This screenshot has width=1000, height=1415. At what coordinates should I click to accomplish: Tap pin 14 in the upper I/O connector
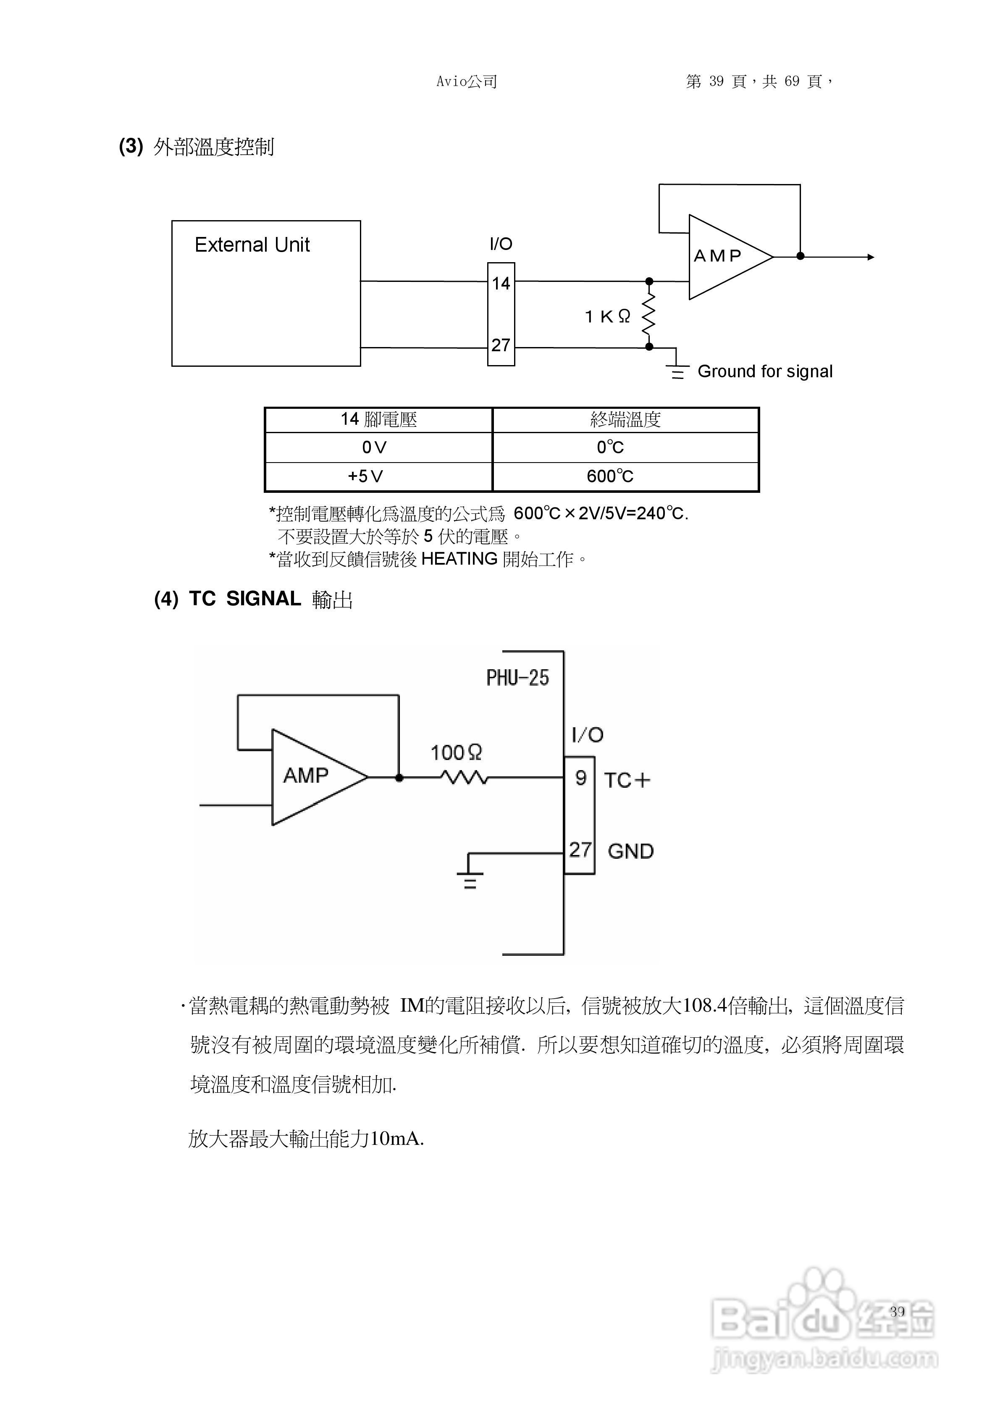[x=501, y=284]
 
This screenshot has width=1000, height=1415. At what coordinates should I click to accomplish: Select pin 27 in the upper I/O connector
[x=501, y=345]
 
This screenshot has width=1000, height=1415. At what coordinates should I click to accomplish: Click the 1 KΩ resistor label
[x=607, y=317]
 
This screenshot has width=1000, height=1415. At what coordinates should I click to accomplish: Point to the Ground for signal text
[x=765, y=372]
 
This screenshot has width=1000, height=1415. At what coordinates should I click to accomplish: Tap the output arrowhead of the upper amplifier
[x=871, y=257]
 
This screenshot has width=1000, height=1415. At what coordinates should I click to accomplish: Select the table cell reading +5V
[x=366, y=476]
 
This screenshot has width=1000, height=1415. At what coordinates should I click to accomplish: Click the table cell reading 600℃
[x=610, y=476]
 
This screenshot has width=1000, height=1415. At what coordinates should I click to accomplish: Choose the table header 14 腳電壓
[x=378, y=420]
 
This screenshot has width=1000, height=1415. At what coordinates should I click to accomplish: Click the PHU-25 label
[x=517, y=678]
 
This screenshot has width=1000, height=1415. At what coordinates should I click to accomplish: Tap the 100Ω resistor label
[x=456, y=752]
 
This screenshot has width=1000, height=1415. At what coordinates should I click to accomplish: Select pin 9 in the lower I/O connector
[x=580, y=779]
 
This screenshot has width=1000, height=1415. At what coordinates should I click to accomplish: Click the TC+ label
[x=627, y=780]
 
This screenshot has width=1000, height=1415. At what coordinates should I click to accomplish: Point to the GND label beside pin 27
[x=630, y=851]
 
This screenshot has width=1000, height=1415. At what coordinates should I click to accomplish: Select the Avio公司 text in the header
[x=467, y=82]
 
